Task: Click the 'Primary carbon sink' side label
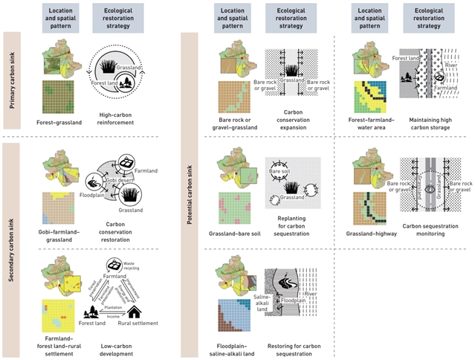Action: (11, 82)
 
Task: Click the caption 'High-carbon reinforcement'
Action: (115, 118)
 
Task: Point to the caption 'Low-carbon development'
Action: (115, 345)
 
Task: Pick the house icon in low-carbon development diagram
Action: (139, 308)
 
